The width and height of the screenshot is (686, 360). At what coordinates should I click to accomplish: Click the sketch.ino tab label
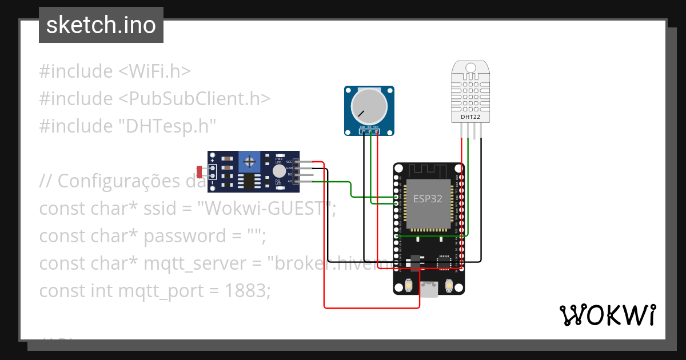coord(101,26)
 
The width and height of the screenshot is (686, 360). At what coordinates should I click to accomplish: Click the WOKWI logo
coord(607,315)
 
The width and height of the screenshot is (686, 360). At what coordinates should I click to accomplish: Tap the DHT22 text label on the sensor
coord(470,118)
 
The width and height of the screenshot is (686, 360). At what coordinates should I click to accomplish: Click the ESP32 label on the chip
coord(428,199)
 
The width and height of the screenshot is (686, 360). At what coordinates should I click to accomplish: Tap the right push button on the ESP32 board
coord(448,285)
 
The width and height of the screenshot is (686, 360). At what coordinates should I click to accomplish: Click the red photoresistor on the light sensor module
coord(200,171)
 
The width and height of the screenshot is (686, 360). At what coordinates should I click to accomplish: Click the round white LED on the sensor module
coord(279,171)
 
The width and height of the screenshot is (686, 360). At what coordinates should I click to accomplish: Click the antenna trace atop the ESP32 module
coord(428,170)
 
